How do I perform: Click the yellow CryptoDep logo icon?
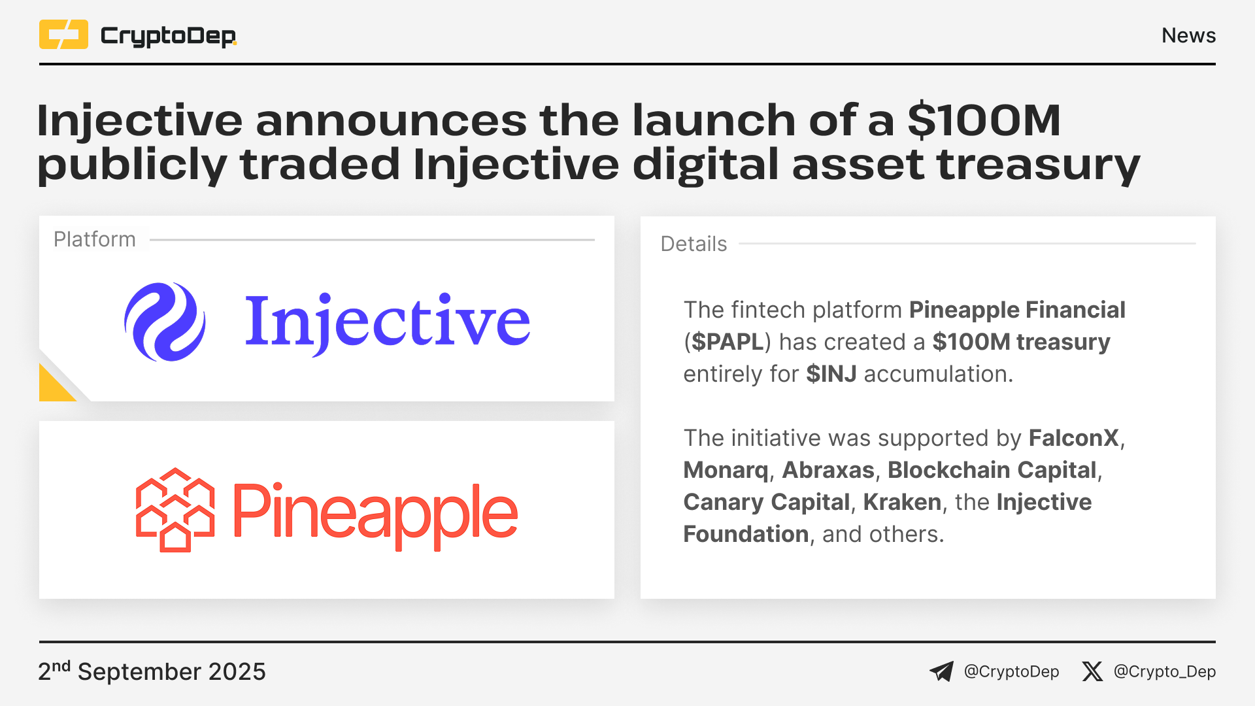(63, 35)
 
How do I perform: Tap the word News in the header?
(1188, 35)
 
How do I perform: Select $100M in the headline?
(984, 120)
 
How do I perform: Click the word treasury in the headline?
(1039, 164)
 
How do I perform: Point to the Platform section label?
(95, 239)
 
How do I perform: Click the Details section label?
(694, 244)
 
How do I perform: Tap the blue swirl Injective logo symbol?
(165, 322)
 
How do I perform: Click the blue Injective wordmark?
(387, 322)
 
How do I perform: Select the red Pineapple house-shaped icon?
(175, 510)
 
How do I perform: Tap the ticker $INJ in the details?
(831, 374)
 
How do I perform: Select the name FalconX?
(1074, 438)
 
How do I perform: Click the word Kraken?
(902, 502)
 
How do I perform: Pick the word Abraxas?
(828, 470)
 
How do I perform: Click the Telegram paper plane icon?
(942, 671)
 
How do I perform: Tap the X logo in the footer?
(1092, 671)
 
